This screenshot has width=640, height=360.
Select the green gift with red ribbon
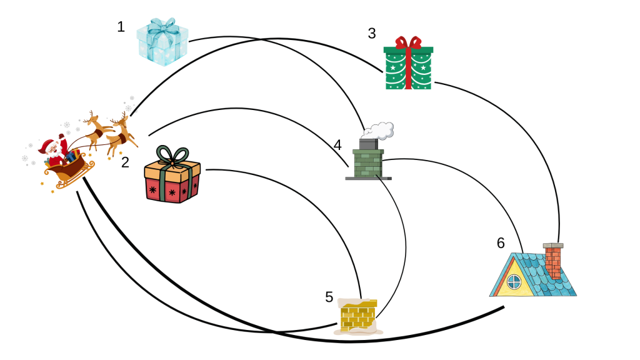(408, 65)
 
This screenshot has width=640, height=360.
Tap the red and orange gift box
(172, 178)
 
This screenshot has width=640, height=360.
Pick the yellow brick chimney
(357, 316)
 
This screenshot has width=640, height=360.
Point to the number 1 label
(121, 27)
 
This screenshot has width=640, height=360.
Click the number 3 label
(372, 34)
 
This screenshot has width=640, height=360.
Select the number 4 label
(337, 146)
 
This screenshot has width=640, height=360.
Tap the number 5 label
(329, 297)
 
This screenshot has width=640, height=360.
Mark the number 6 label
(501, 243)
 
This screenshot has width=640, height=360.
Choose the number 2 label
(125, 162)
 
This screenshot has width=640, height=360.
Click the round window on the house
(514, 282)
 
